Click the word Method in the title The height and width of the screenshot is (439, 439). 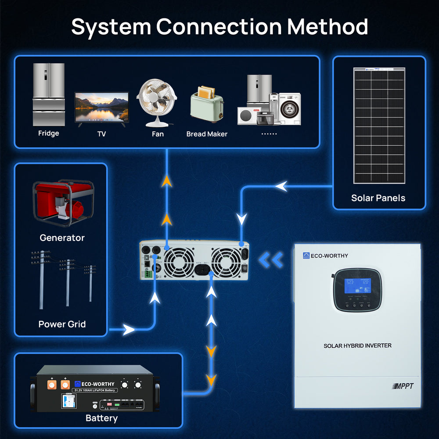point(327,27)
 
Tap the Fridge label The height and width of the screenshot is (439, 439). point(48,133)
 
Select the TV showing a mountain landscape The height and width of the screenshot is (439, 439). point(101,108)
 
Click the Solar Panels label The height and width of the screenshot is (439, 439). point(378,198)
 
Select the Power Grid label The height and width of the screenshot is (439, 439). point(62,324)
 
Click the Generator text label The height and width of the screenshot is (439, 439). point(62,238)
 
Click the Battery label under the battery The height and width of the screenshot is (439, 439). point(101,418)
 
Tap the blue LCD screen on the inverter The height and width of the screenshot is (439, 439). point(356,285)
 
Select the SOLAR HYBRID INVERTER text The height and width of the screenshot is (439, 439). point(357,346)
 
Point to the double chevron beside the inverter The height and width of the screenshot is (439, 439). point(270,260)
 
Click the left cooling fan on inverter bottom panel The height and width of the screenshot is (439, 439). point(179,262)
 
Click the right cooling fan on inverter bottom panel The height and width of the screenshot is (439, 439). point(226,262)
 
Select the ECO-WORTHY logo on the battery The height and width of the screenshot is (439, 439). point(94,384)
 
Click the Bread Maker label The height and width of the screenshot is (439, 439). point(207,134)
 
